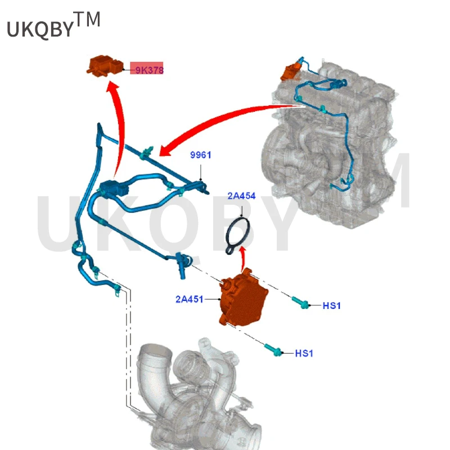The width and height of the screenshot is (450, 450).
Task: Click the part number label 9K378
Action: [147, 70]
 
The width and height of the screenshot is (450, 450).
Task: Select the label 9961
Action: [200, 155]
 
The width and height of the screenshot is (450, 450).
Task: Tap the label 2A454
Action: [241, 196]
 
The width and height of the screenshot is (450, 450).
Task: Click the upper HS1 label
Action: [332, 305]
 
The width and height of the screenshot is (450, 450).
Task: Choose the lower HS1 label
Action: [304, 353]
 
